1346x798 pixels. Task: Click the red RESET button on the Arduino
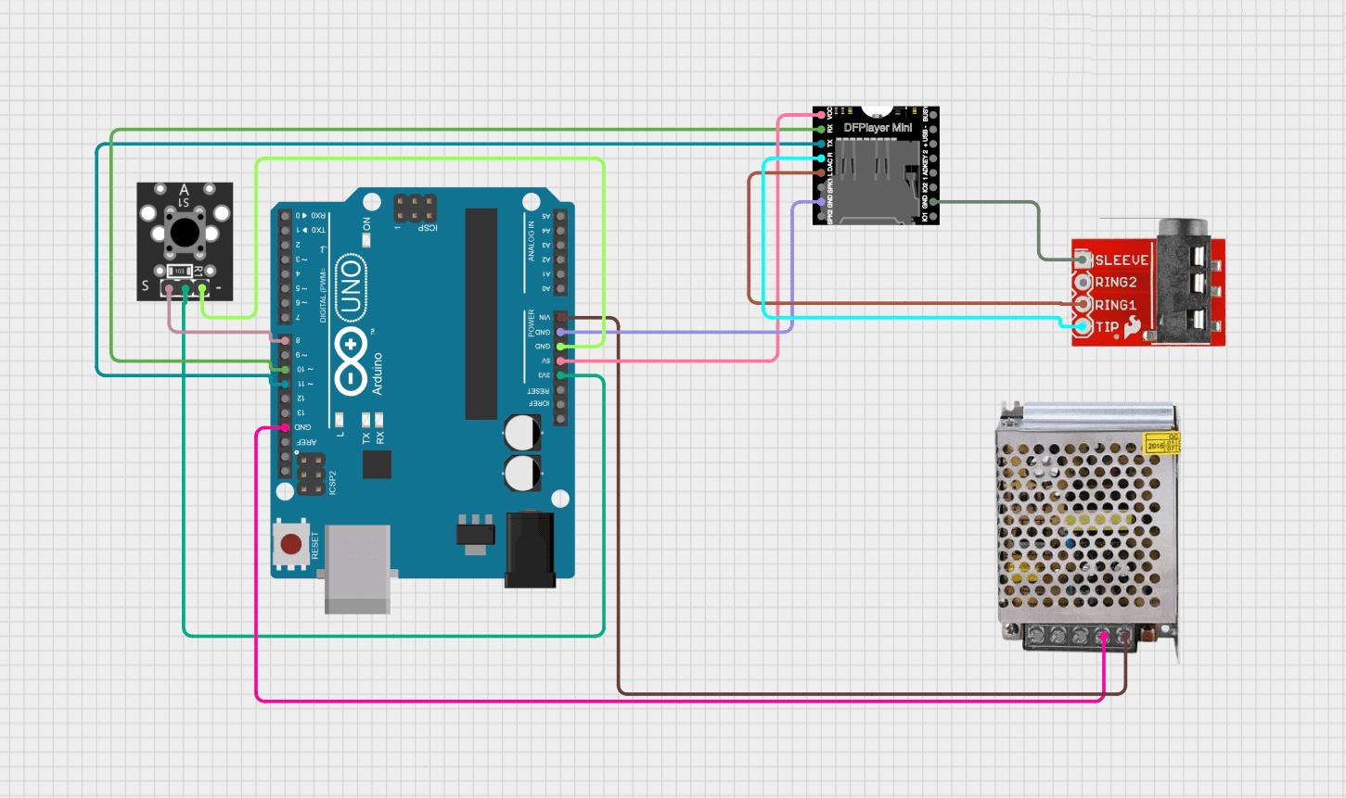tap(291, 544)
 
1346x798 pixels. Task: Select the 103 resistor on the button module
tap(180, 272)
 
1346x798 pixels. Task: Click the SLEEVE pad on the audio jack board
tap(1082, 260)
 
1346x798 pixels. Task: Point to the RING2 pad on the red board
tap(1082, 282)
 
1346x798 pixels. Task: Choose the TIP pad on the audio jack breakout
tap(1082, 326)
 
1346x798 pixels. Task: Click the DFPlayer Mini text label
tap(878, 127)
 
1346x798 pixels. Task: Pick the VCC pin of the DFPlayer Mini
tap(821, 115)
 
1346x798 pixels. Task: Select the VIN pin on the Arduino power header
tap(560, 318)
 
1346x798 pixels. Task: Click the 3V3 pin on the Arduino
tap(560, 375)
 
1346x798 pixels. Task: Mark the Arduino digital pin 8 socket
tap(285, 340)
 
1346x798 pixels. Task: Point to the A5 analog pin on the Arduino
tap(560, 216)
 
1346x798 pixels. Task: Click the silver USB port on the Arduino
tap(357, 568)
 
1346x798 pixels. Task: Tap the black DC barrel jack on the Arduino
tap(530, 551)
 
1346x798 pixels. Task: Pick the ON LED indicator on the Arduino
tap(366, 240)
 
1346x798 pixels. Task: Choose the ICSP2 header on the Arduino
tap(311, 474)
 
